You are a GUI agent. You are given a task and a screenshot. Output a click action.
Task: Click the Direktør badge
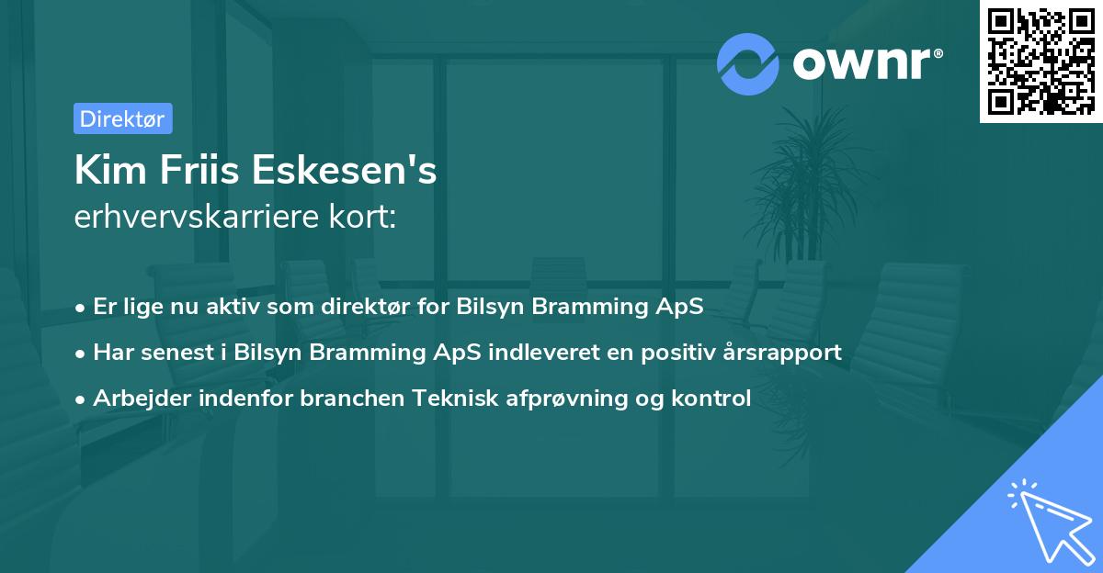[122, 118]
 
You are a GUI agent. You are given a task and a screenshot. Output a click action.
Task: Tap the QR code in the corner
[1041, 62]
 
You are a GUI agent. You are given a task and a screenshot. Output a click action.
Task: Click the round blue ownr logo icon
[748, 63]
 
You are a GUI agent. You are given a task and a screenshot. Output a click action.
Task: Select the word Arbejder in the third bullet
[135, 399]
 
